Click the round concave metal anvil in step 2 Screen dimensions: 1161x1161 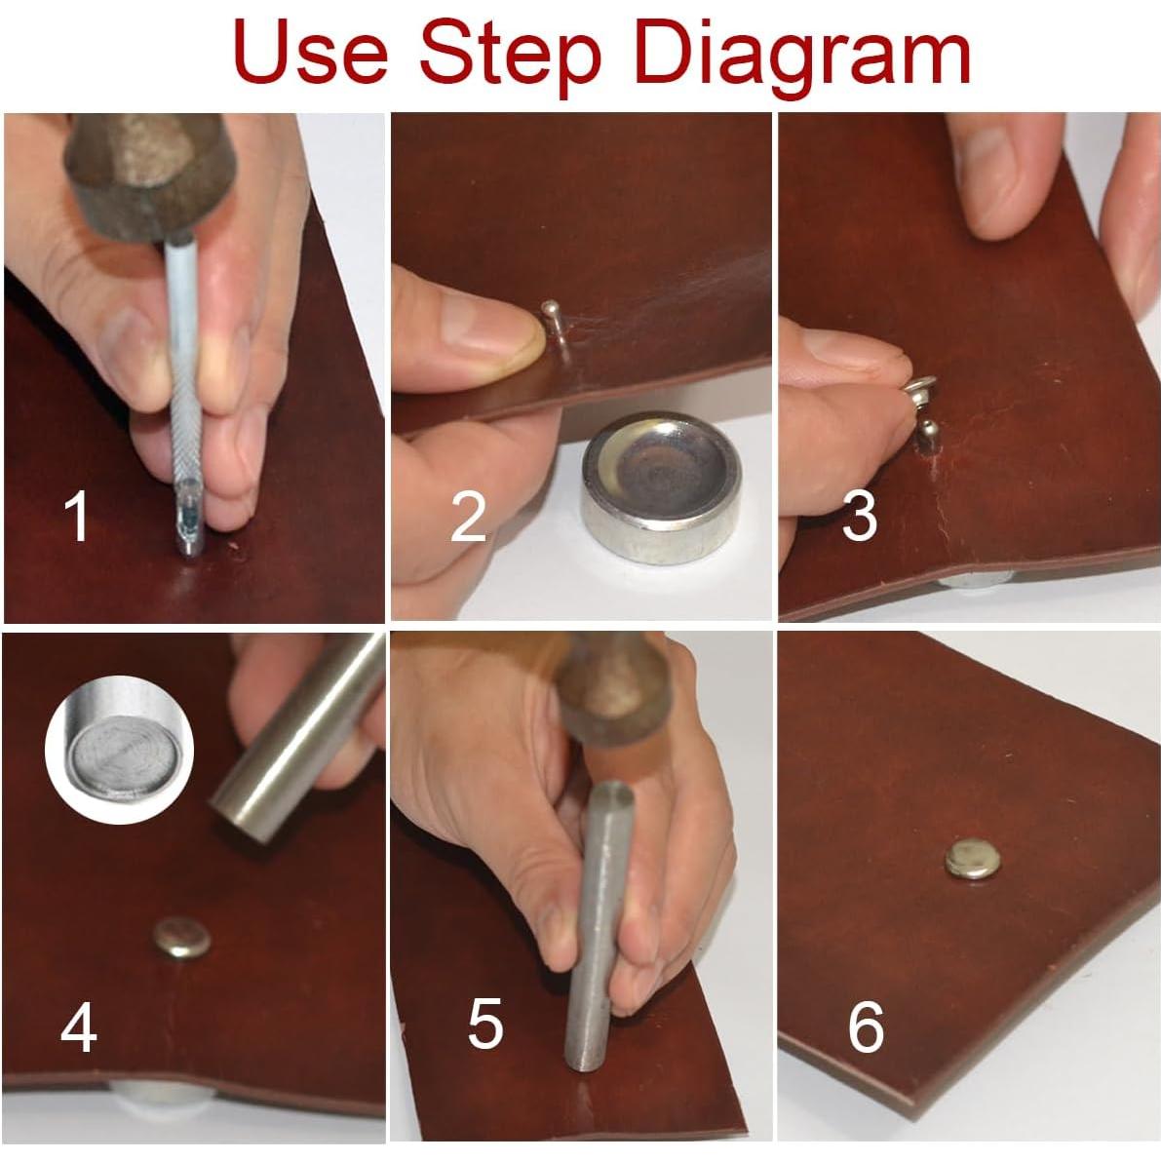(661, 487)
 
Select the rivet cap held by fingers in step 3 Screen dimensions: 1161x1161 (919, 389)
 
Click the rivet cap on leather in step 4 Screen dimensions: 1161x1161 (182, 938)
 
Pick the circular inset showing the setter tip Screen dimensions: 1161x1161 (119, 750)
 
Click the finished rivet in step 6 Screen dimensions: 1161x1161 (973, 860)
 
